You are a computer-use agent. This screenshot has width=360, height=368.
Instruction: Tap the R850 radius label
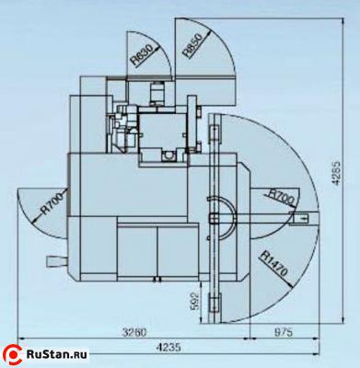[193, 45]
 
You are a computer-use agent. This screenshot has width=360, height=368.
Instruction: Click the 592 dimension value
[196, 302]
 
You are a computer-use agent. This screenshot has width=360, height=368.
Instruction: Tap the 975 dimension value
[283, 332]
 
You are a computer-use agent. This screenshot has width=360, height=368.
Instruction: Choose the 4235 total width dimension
[168, 348]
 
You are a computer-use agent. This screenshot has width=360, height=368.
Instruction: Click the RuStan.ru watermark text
[57, 354]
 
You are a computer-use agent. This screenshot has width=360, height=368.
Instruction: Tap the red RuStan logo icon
[13, 355]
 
